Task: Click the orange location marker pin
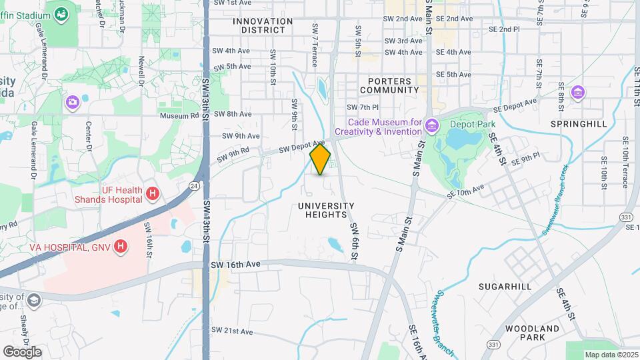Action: pyautogui.click(x=320, y=159)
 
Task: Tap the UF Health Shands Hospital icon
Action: pyautogui.click(x=153, y=194)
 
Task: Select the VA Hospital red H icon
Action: pyautogui.click(x=121, y=247)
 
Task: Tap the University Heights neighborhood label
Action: pyautogui.click(x=327, y=210)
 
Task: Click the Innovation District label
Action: pyautogui.click(x=263, y=25)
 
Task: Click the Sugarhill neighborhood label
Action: pyautogui.click(x=505, y=287)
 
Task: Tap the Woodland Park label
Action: pyautogui.click(x=532, y=333)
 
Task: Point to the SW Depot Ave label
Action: pyautogui.click(x=301, y=146)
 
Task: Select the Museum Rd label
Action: pyautogui.click(x=179, y=115)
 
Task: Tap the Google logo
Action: pyautogui.click(x=22, y=351)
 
